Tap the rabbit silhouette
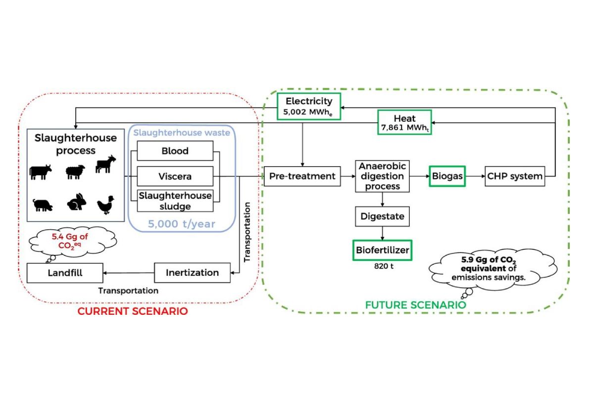(75, 202)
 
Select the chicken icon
(105, 203)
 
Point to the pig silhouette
(43, 204)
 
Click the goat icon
(104, 165)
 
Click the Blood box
(175, 151)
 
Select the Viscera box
(175, 176)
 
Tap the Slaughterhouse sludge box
(175, 200)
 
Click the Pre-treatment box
(302, 176)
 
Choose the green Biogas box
(447, 176)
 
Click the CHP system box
(515, 176)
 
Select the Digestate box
(382, 216)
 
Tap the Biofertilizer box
(383, 250)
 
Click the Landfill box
(65, 273)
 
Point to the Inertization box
(193, 273)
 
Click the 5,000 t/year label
(182, 224)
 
